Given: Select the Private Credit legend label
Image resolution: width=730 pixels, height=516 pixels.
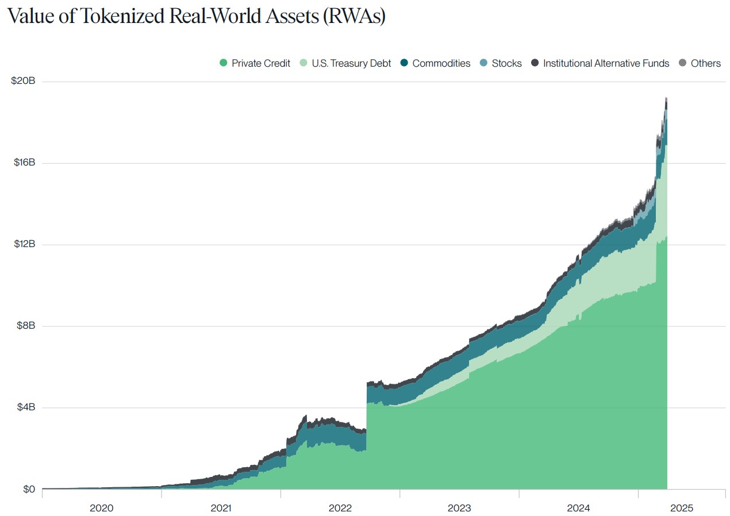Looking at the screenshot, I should (x=261, y=63).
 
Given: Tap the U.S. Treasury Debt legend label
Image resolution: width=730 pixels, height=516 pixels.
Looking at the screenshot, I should (x=351, y=63).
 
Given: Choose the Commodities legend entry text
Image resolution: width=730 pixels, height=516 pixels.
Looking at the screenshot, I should (x=441, y=63).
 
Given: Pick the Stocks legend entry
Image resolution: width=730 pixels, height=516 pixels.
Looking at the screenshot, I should (x=506, y=63).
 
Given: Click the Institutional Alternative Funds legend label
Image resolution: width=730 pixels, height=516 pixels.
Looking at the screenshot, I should (x=606, y=63).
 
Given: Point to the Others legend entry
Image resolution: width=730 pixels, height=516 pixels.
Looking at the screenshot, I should (x=705, y=63).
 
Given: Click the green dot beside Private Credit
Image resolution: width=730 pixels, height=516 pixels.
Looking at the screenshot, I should (x=224, y=63).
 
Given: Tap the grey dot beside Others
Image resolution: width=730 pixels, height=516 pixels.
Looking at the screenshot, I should (x=683, y=63).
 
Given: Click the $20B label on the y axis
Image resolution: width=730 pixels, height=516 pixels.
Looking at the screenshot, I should (x=23, y=81).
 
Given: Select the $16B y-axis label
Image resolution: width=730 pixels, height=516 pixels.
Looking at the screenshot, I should (x=24, y=163).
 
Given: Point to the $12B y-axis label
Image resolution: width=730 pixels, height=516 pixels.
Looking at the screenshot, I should (x=24, y=244).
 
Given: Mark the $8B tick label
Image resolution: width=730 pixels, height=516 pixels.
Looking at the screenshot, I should (x=25, y=326).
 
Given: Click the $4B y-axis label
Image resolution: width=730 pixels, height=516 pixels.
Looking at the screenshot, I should (x=25, y=407).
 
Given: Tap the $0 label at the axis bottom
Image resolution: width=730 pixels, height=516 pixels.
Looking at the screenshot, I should (x=29, y=489).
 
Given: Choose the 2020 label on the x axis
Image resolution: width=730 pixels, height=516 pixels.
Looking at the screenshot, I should (x=102, y=508).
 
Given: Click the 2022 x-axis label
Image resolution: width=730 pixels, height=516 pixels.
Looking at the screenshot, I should (x=340, y=508).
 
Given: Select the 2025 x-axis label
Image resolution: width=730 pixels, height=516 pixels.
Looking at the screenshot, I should (x=682, y=508).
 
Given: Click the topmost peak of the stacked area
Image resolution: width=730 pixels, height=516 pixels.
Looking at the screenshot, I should (x=666, y=98).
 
